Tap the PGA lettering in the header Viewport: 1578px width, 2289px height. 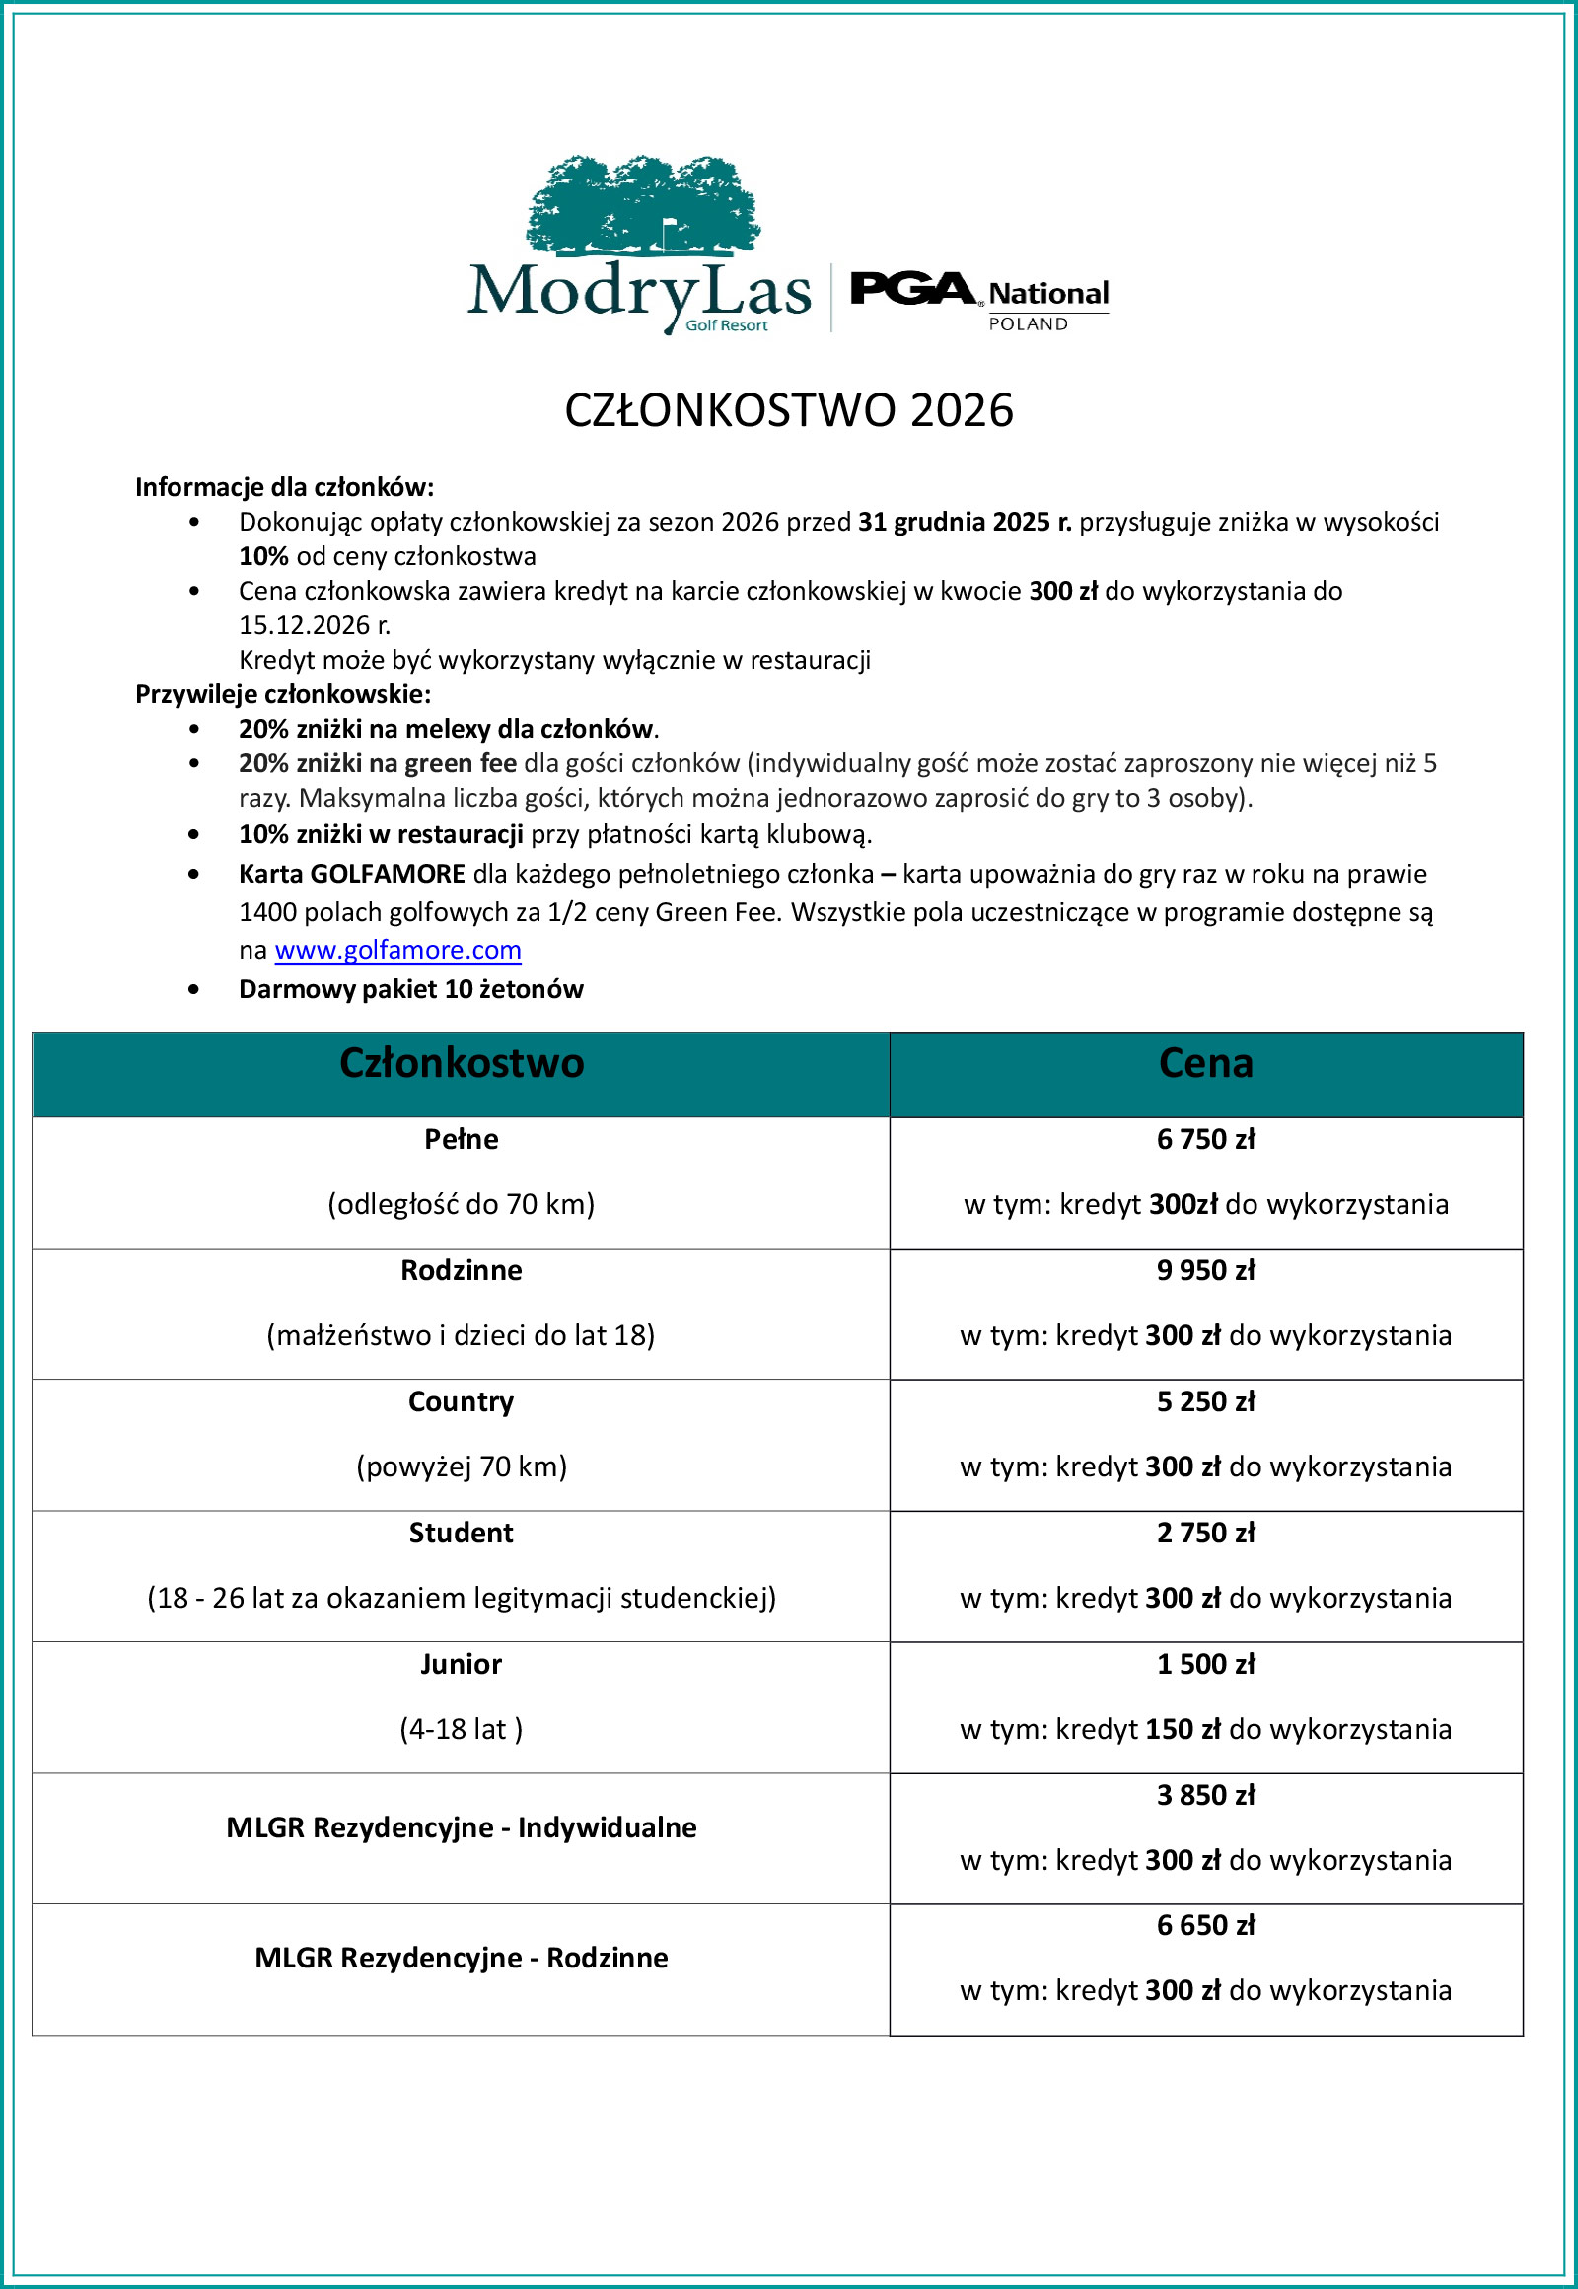[x=911, y=289]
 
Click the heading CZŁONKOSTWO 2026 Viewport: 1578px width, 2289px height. [x=788, y=410]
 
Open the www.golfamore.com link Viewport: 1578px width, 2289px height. [x=397, y=949]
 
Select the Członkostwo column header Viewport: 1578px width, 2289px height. [x=461, y=1064]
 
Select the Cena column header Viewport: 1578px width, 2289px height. [x=1205, y=1064]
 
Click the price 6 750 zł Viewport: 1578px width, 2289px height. [x=1205, y=1139]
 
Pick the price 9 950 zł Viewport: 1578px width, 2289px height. [x=1205, y=1270]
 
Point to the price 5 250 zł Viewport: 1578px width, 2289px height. [x=1205, y=1401]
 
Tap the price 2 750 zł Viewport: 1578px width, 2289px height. [x=1205, y=1533]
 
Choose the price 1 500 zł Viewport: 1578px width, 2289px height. [x=1205, y=1664]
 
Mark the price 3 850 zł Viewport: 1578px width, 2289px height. [x=1205, y=1795]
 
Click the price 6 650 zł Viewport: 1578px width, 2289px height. [x=1205, y=1925]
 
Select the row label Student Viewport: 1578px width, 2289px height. [x=461, y=1533]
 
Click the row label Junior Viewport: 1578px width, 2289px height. [x=461, y=1664]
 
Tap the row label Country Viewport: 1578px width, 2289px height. [x=461, y=1401]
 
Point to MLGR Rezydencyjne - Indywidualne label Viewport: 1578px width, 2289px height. [x=461, y=1827]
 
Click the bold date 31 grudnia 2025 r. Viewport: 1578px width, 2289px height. [x=964, y=522]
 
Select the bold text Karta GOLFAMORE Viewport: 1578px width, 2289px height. [x=352, y=874]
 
